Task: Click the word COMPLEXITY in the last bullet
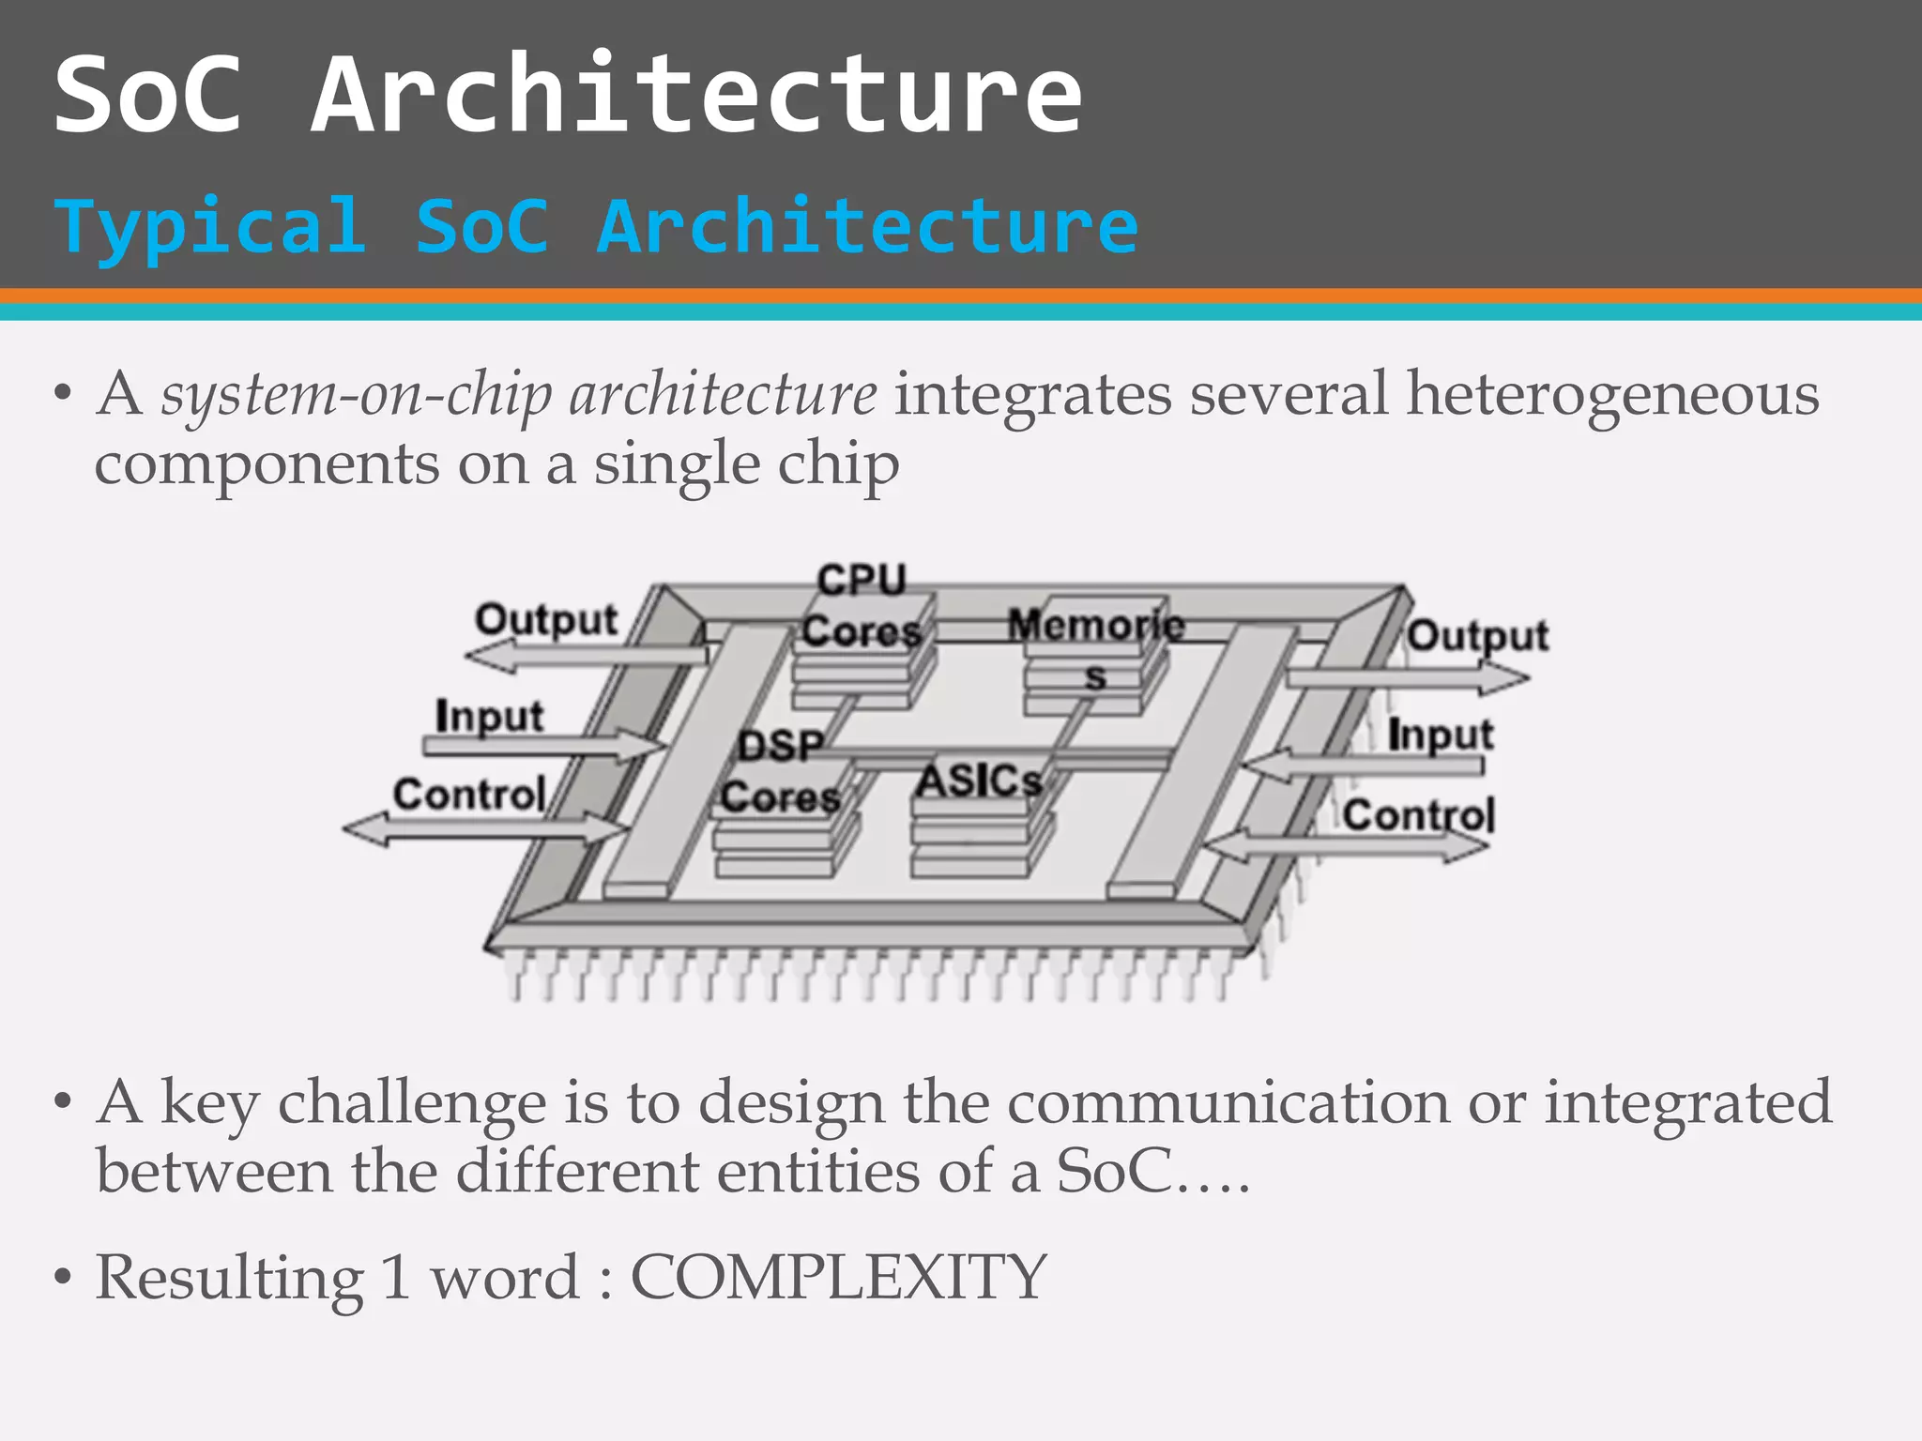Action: click(x=837, y=1278)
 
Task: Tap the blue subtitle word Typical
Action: click(x=209, y=226)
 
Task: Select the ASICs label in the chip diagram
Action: click(x=978, y=781)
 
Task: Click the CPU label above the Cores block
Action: click(x=862, y=579)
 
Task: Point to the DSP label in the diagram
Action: click(x=780, y=747)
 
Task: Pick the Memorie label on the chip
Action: click(x=1095, y=625)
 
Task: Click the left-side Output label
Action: click(x=546, y=619)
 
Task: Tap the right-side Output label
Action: click(x=1477, y=636)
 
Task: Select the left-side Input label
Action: click(x=489, y=717)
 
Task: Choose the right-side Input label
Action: click(x=1440, y=734)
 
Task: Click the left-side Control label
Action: click(x=469, y=795)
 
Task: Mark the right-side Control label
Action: click(x=1418, y=814)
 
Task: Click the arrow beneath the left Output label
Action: click(x=587, y=654)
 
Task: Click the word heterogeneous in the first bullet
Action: click(x=1611, y=393)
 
